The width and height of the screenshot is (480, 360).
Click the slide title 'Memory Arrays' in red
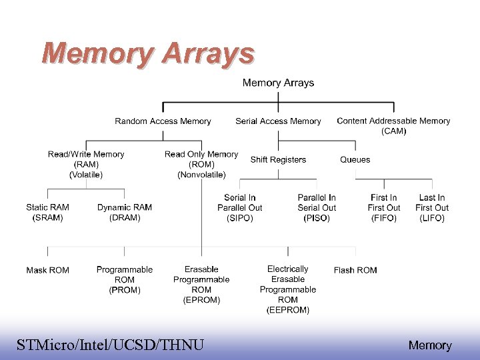147,53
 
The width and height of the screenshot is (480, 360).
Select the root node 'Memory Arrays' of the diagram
278,83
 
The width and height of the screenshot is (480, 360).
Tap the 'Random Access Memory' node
163,121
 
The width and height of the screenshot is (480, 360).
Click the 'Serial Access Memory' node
278,121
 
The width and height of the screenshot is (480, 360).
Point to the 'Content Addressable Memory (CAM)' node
393,125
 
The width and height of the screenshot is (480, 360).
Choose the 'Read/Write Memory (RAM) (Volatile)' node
86,164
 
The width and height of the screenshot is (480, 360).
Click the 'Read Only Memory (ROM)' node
201,164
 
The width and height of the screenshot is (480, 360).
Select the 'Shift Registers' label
278,160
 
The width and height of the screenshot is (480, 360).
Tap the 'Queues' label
355,160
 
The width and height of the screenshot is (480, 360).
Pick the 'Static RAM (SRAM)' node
47,213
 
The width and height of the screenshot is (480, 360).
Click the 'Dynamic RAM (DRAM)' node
125,213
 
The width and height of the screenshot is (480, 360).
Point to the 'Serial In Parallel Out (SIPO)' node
240,207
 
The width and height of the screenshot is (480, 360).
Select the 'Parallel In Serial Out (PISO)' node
317,207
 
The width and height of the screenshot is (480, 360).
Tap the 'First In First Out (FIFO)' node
384,207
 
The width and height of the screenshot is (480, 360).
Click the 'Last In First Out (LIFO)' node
432,207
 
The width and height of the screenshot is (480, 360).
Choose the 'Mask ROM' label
47,270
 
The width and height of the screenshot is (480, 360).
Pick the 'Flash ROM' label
355,270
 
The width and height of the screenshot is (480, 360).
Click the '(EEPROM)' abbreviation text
288,310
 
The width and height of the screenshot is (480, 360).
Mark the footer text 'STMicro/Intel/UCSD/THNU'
110,345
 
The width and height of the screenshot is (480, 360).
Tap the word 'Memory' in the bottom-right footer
430,345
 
